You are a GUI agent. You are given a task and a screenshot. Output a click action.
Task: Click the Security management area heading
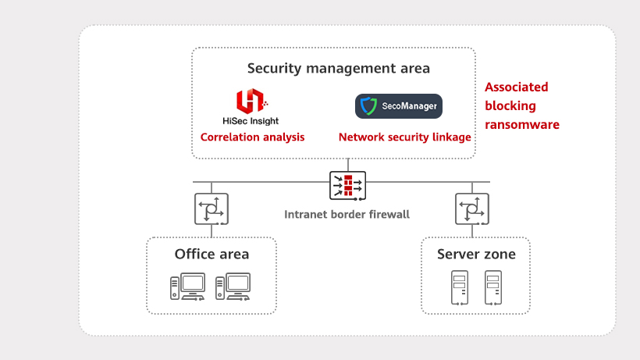pyautogui.click(x=338, y=68)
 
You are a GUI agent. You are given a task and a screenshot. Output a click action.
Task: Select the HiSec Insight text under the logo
pyautogui.click(x=251, y=121)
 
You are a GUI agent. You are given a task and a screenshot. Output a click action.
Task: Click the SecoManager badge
pyautogui.click(x=398, y=106)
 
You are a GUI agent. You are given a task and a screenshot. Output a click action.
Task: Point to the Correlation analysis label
pyautogui.click(x=252, y=137)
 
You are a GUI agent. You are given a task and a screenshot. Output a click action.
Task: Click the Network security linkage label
pyautogui.click(x=404, y=137)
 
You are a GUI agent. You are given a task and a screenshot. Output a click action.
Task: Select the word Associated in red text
pyautogui.click(x=516, y=87)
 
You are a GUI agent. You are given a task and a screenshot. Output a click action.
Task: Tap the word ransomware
pyautogui.click(x=521, y=125)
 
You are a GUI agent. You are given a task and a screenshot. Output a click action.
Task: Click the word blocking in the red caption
pyautogui.click(x=510, y=106)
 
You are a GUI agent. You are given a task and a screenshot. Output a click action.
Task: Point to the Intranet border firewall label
pyautogui.click(x=347, y=214)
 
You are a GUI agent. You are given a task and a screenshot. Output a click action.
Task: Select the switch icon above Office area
pyautogui.click(x=211, y=209)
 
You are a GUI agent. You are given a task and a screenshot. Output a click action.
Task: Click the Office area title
pyautogui.click(x=212, y=254)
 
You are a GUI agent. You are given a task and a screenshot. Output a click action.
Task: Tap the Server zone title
pyautogui.click(x=476, y=255)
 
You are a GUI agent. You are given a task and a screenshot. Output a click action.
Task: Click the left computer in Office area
pyautogui.click(x=188, y=287)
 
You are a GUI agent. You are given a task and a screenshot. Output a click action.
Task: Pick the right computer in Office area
pyautogui.click(x=233, y=287)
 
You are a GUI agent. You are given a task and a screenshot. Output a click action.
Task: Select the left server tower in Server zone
pyautogui.click(x=459, y=287)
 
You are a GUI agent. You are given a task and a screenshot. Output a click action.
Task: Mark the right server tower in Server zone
pyautogui.click(x=492, y=287)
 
